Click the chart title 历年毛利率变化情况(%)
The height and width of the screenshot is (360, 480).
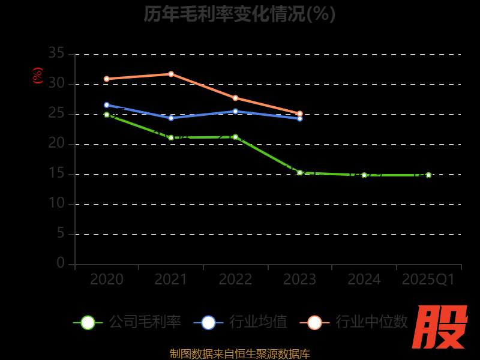tap(239, 14)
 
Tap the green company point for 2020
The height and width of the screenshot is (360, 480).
tap(107, 115)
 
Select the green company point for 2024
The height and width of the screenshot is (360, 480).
tap(364, 175)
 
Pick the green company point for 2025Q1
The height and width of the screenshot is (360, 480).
tap(428, 175)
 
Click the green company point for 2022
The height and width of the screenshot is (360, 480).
tap(235, 137)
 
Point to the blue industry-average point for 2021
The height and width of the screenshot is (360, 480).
tap(171, 118)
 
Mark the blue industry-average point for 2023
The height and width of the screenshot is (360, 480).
tap(300, 119)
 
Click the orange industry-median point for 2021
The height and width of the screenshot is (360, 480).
tap(171, 74)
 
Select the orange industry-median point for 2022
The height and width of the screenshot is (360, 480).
tap(235, 98)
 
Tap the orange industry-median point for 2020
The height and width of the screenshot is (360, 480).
tap(107, 79)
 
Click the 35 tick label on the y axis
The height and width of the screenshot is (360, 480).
tap(56, 54)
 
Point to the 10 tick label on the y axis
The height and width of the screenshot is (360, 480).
tap(56, 204)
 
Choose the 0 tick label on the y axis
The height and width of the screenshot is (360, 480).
tap(61, 263)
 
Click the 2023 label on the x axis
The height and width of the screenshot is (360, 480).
tap(299, 280)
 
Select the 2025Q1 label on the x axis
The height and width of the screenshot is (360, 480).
tap(428, 280)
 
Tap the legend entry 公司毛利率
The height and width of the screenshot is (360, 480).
tap(127, 322)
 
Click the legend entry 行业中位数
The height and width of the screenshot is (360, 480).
tap(357, 322)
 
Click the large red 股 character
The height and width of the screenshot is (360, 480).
tap(441, 327)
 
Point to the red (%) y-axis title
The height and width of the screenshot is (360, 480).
tap(38, 76)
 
